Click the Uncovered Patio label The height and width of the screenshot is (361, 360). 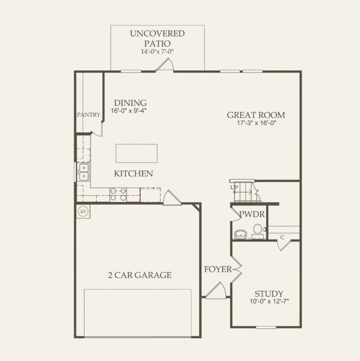[x=157, y=39]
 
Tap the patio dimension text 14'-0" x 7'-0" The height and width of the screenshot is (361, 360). [x=157, y=52]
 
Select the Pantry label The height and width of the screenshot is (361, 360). [x=89, y=114]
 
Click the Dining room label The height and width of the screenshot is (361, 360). [x=130, y=103]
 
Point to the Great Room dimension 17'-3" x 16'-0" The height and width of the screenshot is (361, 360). [x=256, y=123]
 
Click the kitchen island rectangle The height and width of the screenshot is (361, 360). [x=136, y=153]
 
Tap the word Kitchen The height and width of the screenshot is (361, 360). [x=133, y=173]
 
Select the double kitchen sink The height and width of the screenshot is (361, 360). [x=84, y=172]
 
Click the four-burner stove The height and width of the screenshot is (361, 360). [x=118, y=194]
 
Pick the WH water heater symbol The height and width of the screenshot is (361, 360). [x=83, y=211]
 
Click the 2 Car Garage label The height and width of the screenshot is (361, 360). [x=140, y=275]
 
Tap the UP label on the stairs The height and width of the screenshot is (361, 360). [x=234, y=188]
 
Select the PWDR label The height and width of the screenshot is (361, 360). [x=252, y=215]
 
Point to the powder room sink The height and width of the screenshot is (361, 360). [x=240, y=234]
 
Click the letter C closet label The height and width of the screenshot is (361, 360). [x=282, y=237]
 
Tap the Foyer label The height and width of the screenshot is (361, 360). [x=218, y=269]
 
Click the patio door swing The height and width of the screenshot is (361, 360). [x=165, y=65]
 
